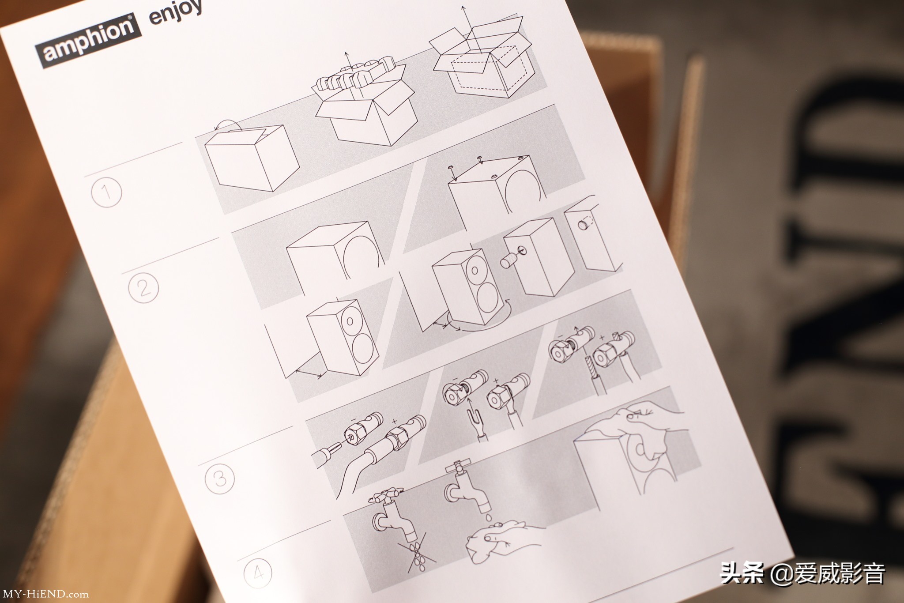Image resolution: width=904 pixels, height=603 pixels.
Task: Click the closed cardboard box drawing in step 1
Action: (x=250, y=157)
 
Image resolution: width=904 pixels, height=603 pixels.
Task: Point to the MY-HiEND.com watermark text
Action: (x=46, y=594)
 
